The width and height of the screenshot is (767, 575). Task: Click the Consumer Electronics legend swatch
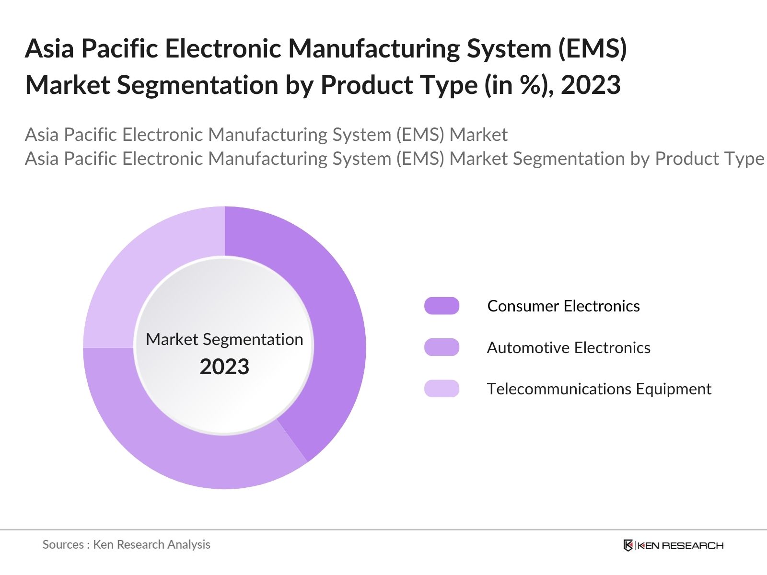(x=442, y=306)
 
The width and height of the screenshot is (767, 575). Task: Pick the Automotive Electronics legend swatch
(x=442, y=347)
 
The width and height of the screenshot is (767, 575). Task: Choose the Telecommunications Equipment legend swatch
(x=442, y=389)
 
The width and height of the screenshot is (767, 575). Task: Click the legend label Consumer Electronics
(x=563, y=306)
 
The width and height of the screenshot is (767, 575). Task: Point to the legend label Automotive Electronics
(x=569, y=347)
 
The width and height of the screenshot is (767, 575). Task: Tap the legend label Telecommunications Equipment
(x=599, y=389)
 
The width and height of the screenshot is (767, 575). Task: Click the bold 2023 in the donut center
(x=224, y=367)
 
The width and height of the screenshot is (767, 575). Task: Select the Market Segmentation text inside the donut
(x=224, y=339)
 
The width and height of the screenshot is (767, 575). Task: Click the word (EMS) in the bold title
(x=593, y=48)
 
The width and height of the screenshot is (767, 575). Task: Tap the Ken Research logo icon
(x=628, y=545)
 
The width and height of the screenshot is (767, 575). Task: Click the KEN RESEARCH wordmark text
(x=681, y=546)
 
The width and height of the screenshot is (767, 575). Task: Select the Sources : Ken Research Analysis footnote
(x=126, y=545)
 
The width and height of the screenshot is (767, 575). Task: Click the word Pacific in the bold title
(x=119, y=48)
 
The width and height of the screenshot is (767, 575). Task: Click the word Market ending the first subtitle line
(x=478, y=135)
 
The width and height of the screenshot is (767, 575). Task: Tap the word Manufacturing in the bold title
(x=374, y=49)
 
